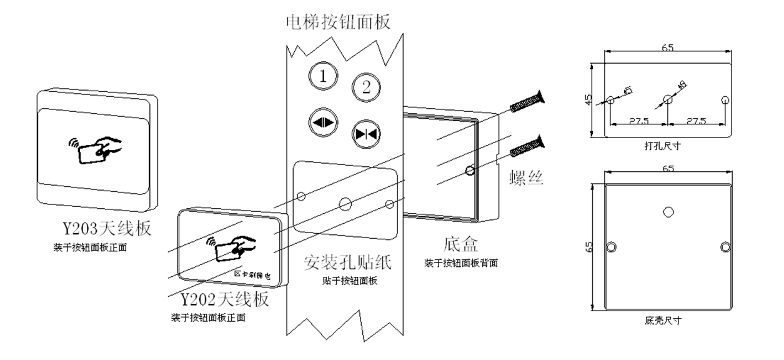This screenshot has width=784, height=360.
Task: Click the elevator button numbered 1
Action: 323,77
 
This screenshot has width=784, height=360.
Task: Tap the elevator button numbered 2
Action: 366,87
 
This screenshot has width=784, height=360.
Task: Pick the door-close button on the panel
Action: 366,132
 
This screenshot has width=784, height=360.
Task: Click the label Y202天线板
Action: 224,299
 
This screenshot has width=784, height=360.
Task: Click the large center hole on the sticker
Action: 344,202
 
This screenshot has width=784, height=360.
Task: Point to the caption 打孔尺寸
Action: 663,146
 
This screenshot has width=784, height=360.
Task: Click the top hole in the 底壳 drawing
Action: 668,212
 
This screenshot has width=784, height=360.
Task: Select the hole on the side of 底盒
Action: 470,170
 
